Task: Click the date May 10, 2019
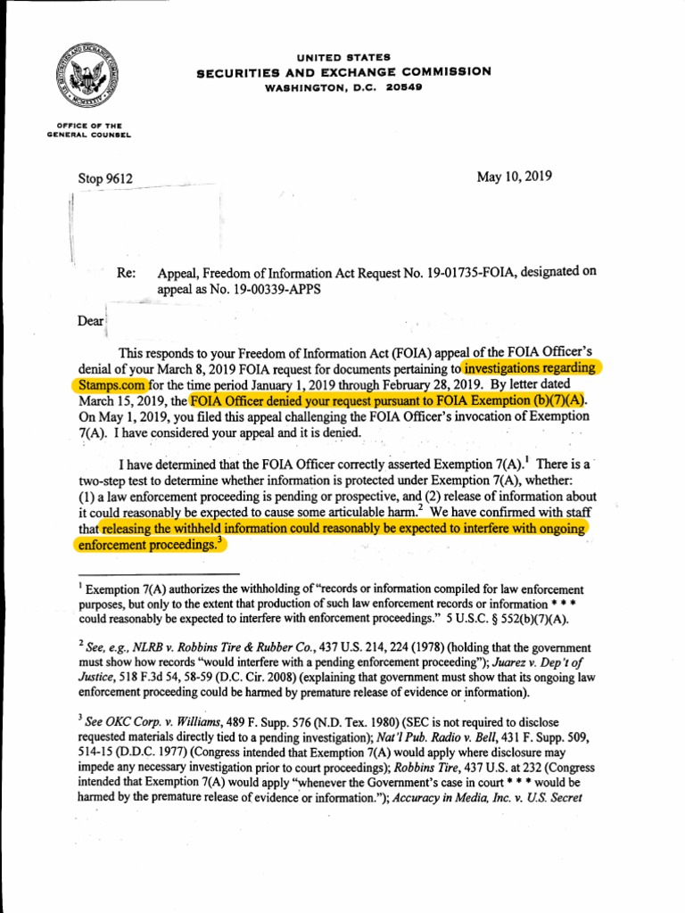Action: pyautogui.click(x=515, y=176)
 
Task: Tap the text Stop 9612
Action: pyautogui.click(x=105, y=178)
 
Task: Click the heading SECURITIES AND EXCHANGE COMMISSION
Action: pyautogui.click(x=343, y=72)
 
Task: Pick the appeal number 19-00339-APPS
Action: pyautogui.click(x=267, y=290)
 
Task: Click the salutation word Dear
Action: pyautogui.click(x=90, y=320)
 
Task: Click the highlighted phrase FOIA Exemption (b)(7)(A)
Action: pyautogui.click(x=508, y=400)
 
